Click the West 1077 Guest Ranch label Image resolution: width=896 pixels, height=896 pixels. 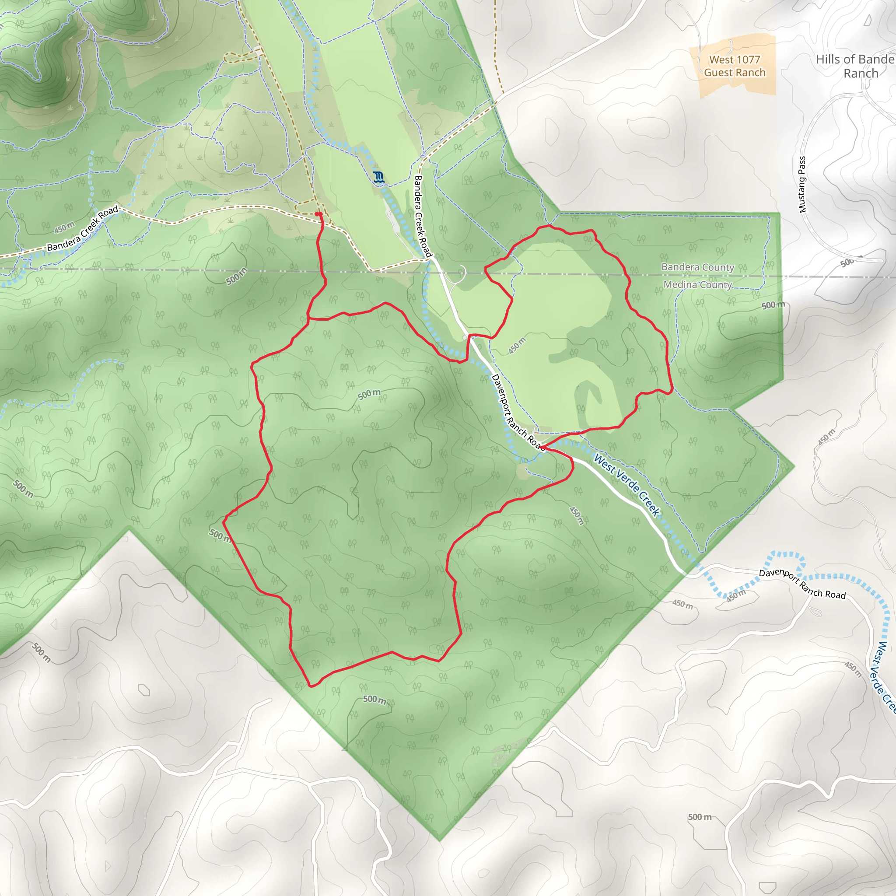pyautogui.click(x=735, y=66)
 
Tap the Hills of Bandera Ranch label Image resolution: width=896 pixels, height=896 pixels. pyautogui.click(x=856, y=66)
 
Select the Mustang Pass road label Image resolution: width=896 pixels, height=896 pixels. pyautogui.click(x=802, y=185)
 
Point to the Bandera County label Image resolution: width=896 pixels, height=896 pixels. pyautogui.click(x=697, y=267)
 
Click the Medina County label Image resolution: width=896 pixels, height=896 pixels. pyautogui.click(x=697, y=284)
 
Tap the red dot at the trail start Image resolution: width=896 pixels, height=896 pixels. pyautogui.click(x=318, y=214)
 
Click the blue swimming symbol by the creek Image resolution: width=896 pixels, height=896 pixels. pyautogui.click(x=378, y=177)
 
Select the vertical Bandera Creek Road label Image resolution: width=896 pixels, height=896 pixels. pyautogui.click(x=423, y=217)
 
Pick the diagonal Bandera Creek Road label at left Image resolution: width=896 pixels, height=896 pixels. pyautogui.click(x=83, y=229)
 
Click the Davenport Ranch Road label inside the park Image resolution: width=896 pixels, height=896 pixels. pyautogui.click(x=517, y=412)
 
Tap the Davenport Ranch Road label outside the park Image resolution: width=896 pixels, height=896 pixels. pyautogui.click(x=802, y=584)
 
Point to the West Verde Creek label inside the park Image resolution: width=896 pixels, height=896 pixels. pyautogui.click(x=627, y=485)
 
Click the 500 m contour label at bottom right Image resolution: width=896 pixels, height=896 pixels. pyautogui.click(x=700, y=817)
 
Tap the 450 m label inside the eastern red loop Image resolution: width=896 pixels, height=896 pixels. pyautogui.click(x=517, y=346)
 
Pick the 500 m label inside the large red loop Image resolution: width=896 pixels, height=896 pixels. pyautogui.click(x=369, y=394)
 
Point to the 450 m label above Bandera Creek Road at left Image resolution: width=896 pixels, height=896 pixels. pyautogui.click(x=64, y=227)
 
